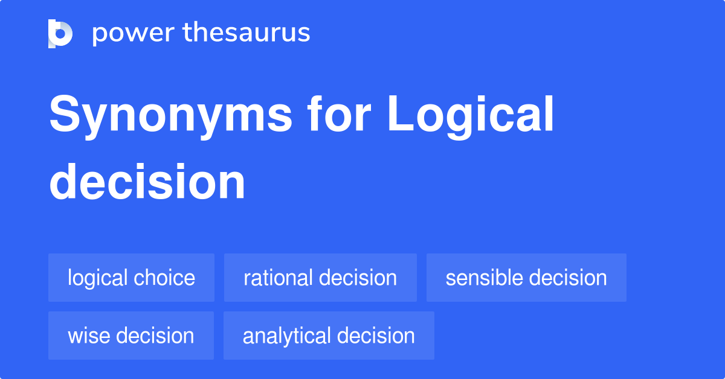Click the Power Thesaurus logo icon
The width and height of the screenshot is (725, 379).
(x=60, y=33)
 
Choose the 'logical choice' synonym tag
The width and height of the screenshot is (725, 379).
(x=131, y=278)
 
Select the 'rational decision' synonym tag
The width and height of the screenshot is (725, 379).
(x=320, y=278)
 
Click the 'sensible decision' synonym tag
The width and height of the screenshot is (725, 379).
(x=526, y=278)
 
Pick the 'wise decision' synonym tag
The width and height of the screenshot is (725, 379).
(x=131, y=336)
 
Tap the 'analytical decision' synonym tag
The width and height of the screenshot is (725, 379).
(x=329, y=336)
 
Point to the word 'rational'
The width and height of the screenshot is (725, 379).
(x=278, y=278)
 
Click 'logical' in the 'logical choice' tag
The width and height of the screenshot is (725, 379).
(x=98, y=278)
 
